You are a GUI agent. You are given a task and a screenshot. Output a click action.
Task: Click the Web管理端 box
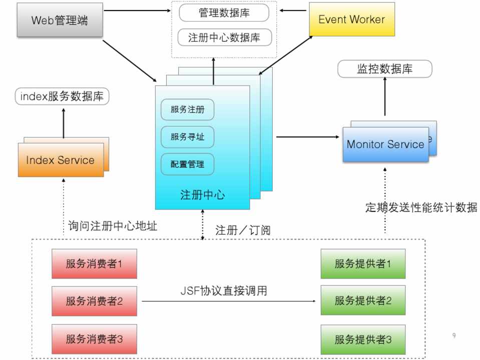60,20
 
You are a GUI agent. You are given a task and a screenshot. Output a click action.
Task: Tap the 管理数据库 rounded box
224,13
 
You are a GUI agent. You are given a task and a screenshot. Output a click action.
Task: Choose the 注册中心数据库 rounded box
224,37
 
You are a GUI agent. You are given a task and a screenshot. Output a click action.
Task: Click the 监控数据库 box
384,69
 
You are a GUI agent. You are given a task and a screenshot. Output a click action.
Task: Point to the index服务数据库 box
62,96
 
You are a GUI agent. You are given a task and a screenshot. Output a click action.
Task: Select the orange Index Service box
60,160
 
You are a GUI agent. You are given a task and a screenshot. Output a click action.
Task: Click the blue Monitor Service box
385,144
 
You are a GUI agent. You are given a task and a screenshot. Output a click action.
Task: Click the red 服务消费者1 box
94,264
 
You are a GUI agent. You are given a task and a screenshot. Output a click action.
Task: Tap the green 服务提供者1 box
363,264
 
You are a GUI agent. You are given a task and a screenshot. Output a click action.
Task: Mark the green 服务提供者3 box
363,340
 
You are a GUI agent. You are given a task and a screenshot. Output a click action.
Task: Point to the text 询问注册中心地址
113,226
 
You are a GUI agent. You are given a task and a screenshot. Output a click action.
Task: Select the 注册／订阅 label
242,230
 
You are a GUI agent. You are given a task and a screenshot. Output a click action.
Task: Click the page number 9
453,335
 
